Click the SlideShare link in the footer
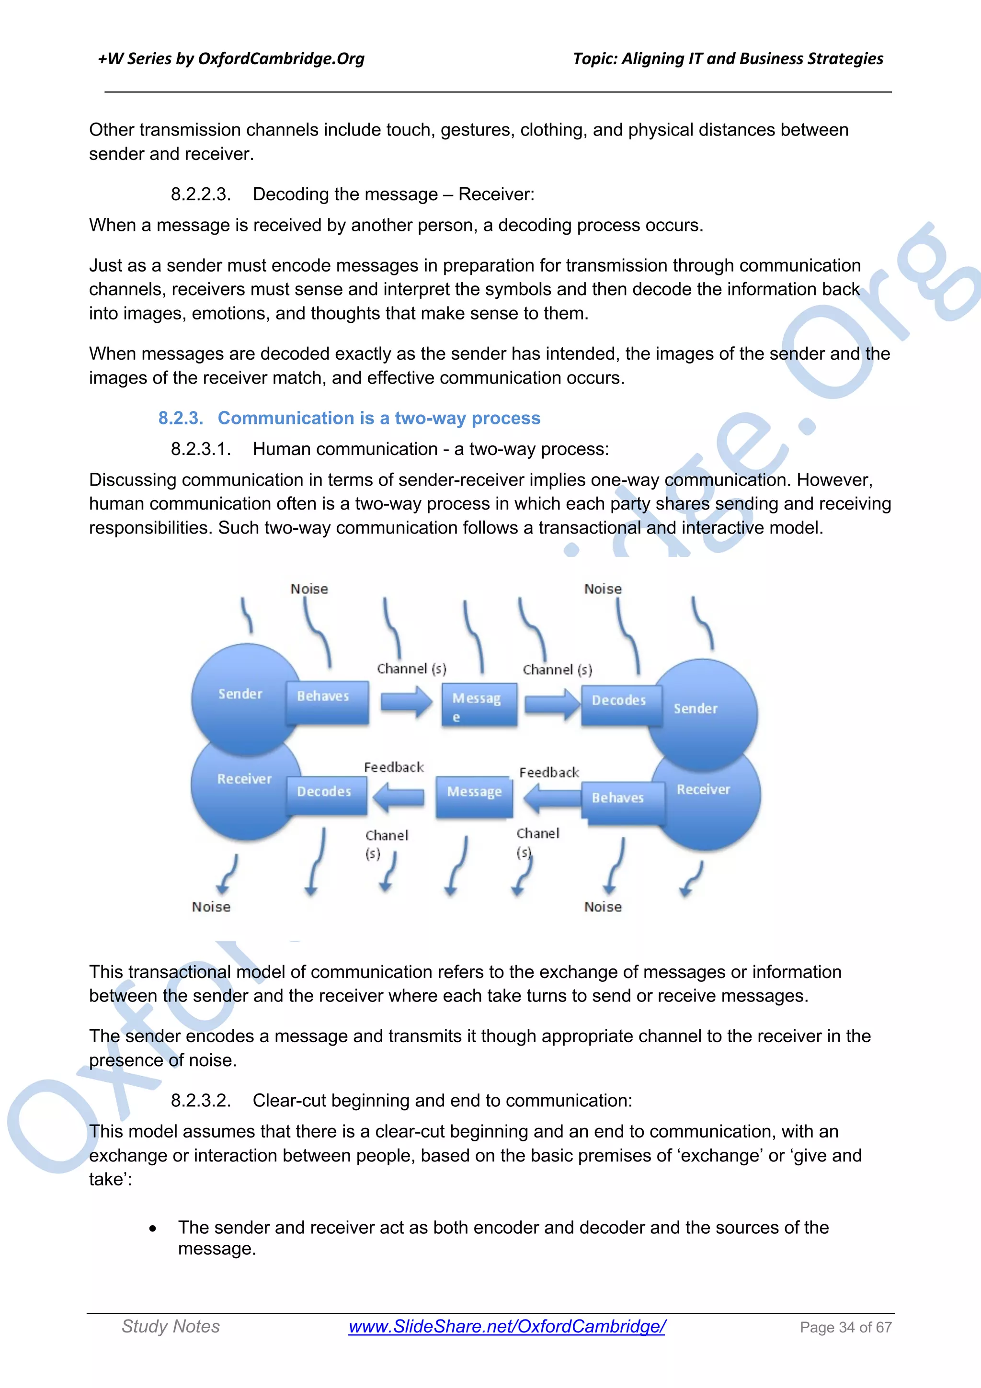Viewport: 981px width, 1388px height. pos(506,1326)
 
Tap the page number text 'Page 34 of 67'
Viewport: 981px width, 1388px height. pos(845,1327)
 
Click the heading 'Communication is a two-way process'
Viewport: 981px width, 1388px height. pos(378,418)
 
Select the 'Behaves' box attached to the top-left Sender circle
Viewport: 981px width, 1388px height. pos(326,701)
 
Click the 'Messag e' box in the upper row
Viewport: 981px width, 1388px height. pos(479,705)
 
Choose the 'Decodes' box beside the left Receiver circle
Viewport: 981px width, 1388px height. pos(325,795)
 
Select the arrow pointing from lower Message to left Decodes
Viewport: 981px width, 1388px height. pos(399,797)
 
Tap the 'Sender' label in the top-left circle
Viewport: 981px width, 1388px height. pos(240,694)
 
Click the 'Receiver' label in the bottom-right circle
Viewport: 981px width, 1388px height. pos(703,789)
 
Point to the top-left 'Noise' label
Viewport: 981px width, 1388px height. pos(309,589)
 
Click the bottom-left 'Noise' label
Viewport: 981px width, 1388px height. pos(211,907)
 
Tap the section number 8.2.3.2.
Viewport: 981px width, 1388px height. pos(201,1100)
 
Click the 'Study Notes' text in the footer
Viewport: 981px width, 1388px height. pos(171,1326)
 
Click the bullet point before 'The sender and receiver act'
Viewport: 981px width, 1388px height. pos(153,1229)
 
